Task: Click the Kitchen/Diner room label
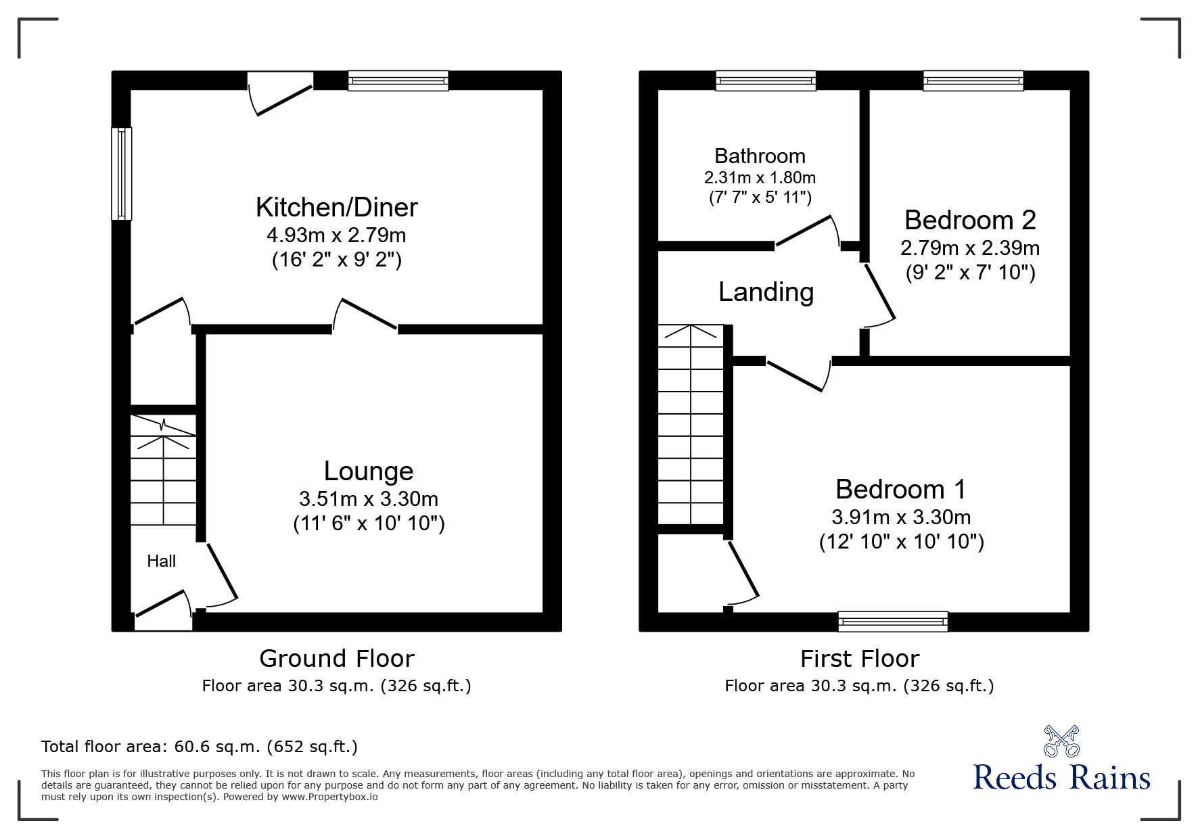pos(336,208)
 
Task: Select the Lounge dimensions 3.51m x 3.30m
pos(368,499)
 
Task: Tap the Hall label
pos(161,561)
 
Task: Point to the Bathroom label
pos(760,156)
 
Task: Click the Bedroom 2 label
pos(969,220)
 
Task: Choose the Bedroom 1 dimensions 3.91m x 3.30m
pos(900,517)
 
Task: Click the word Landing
pos(766,292)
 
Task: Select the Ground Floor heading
pos(336,658)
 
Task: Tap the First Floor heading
pos(859,658)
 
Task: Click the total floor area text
pos(200,747)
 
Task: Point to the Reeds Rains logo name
pos(1061,778)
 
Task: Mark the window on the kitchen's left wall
pos(122,174)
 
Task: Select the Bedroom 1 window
pos(892,621)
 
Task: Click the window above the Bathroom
pos(766,81)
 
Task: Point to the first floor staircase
pos(691,426)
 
